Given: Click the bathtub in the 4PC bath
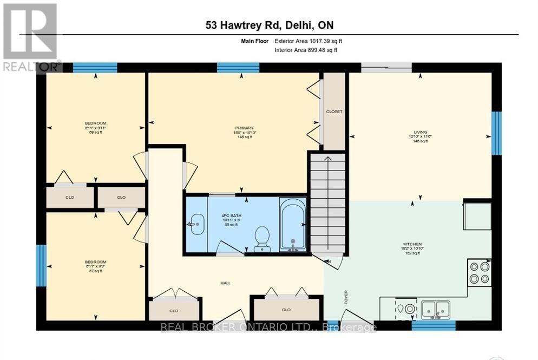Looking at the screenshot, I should (x=292, y=225).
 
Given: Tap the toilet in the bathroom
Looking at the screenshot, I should (x=263, y=239).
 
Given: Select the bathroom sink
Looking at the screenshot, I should (x=197, y=224).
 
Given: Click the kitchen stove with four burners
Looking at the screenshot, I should (x=479, y=272).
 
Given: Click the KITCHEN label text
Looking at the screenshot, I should (x=412, y=244).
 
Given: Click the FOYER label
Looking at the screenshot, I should (x=346, y=297).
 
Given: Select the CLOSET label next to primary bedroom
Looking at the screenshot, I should (x=334, y=112).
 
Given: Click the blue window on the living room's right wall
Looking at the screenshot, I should (x=496, y=133).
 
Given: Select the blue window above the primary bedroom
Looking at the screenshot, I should (x=238, y=68).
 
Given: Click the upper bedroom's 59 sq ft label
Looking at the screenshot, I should (x=95, y=132).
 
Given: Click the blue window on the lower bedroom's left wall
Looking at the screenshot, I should (x=41, y=265).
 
